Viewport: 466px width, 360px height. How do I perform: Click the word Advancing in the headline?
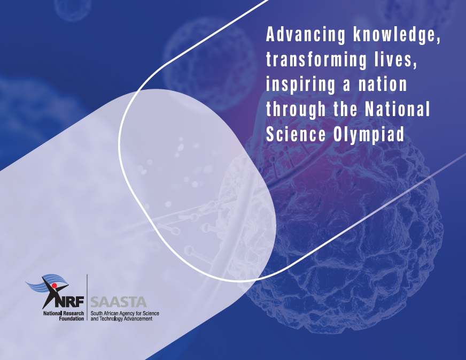pyautogui.click(x=306, y=35)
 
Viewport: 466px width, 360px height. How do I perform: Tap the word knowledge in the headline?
pyautogui.click(x=397, y=35)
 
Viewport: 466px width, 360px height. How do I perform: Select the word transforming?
pyautogui.click(x=316, y=59)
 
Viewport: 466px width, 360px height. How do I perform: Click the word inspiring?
pyautogui.click(x=301, y=85)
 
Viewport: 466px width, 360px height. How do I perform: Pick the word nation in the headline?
pyautogui.click(x=383, y=85)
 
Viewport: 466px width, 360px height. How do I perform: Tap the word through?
pyautogui.click(x=296, y=110)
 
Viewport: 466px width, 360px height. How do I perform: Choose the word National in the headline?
pyautogui.click(x=398, y=109)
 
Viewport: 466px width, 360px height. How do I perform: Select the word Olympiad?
pyautogui.click(x=369, y=135)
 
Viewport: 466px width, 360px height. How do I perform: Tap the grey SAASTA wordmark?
pyautogui.click(x=119, y=302)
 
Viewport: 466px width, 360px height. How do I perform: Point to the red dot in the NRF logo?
pyautogui.click(x=54, y=286)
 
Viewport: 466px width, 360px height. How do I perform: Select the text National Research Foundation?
pyautogui.click(x=64, y=316)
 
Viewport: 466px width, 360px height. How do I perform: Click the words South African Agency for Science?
pyautogui.click(x=125, y=313)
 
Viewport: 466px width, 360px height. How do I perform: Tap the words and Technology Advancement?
pyautogui.click(x=121, y=319)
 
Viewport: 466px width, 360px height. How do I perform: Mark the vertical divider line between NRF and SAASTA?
pyautogui.click(x=87, y=297)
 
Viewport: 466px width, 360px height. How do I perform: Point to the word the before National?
pyautogui.click(x=345, y=109)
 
